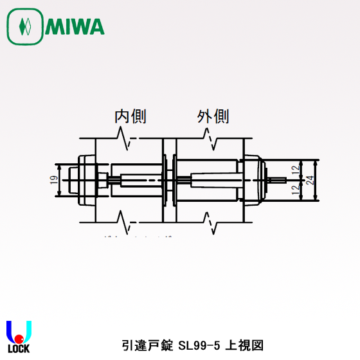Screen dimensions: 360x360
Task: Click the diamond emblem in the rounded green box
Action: coord(25,27)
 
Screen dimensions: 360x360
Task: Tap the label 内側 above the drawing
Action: coord(130,116)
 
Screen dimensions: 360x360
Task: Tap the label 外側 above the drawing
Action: coord(213,116)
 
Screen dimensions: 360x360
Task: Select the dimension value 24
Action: coord(310,181)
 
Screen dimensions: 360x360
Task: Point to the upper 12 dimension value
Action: coord(296,170)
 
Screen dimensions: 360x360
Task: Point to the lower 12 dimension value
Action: coord(296,191)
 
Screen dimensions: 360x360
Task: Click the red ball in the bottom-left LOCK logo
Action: coord(19,339)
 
